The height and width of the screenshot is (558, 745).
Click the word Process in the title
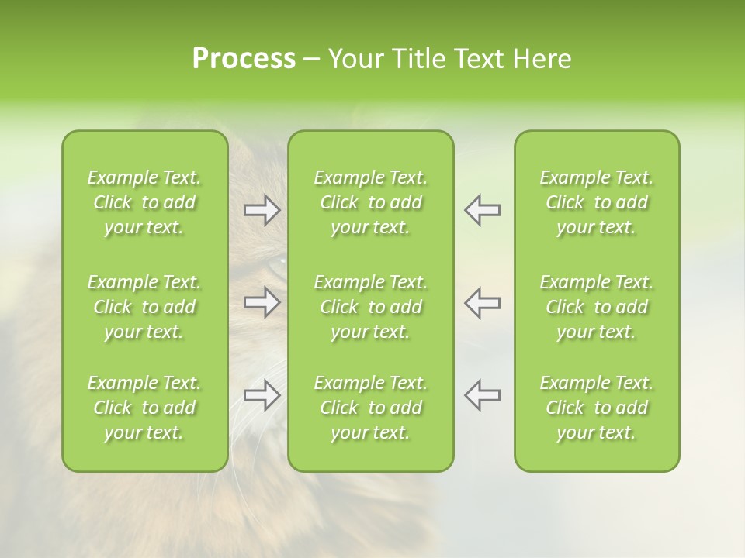click(x=244, y=59)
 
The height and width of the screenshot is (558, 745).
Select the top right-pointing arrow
click(x=262, y=210)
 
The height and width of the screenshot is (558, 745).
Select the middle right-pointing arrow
click(x=262, y=302)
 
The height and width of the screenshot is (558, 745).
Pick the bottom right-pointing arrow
click(x=262, y=395)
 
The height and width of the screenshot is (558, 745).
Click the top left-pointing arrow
click(x=482, y=210)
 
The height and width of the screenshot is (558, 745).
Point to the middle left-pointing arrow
click(x=482, y=302)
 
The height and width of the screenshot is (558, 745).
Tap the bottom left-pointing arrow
click(x=482, y=395)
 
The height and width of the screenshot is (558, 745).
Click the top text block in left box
click(x=144, y=202)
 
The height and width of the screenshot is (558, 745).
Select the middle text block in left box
click(x=144, y=307)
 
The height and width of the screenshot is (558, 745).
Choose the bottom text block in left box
click(x=144, y=408)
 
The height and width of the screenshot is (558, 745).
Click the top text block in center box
click(x=371, y=202)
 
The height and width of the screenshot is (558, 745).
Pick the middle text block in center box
click(x=371, y=307)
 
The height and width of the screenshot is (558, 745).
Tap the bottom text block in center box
click(x=371, y=408)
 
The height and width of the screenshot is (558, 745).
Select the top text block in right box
click(x=597, y=202)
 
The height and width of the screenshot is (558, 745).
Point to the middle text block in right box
click(x=597, y=307)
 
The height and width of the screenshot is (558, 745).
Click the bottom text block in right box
click(x=597, y=408)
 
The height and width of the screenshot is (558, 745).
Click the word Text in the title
click(x=478, y=59)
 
